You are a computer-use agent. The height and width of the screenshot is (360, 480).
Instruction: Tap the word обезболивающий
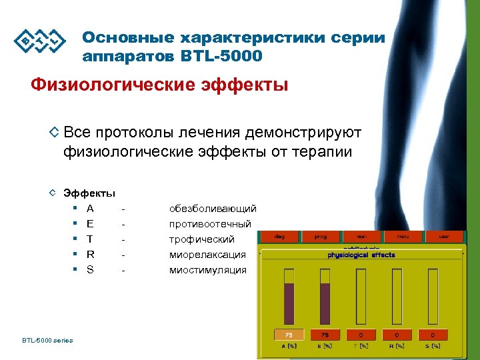[x=213, y=209]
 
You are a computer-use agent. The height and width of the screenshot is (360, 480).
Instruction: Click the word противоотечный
[x=210, y=224]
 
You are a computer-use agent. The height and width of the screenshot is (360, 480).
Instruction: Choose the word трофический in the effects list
[x=202, y=239]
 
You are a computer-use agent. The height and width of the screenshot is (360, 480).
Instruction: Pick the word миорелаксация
[x=207, y=255]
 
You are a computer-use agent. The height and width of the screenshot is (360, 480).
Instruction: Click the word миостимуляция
[x=208, y=270]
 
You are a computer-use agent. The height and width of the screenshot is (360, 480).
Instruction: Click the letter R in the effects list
[x=91, y=255]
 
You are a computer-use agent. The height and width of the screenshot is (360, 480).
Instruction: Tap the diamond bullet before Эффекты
[x=53, y=193]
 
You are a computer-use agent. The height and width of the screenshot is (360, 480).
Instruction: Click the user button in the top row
[x=443, y=237]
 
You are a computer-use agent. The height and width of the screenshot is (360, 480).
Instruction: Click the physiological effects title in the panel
[x=361, y=255]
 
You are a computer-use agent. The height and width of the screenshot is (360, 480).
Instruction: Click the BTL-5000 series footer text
[x=47, y=341]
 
